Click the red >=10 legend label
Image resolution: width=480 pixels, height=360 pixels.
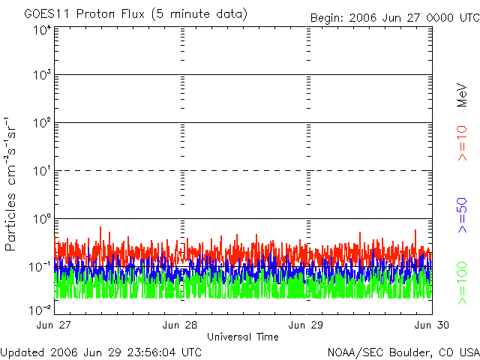(463, 143)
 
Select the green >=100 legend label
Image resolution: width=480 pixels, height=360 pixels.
(463, 281)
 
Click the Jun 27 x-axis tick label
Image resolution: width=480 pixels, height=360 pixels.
(55, 325)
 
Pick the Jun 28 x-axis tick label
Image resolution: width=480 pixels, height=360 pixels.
(181, 325)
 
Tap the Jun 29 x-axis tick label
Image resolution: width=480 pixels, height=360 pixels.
(307, 325)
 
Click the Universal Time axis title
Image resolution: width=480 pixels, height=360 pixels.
(242, 337)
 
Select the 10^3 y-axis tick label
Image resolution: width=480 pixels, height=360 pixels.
(42, 76)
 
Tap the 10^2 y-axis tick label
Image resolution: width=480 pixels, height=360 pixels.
(42, 123)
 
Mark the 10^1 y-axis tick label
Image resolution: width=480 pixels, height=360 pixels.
(42, 171)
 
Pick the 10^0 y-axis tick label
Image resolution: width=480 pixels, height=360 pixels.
(42, 219)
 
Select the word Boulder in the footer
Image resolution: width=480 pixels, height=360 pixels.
(395, 351)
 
